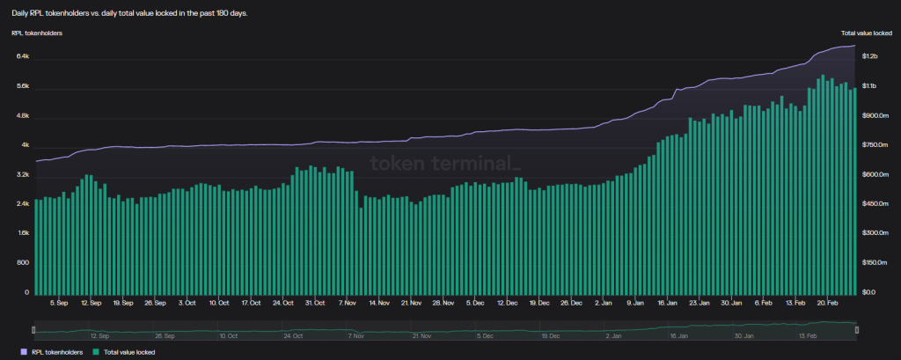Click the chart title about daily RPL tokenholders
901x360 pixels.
click(x=129, y=13)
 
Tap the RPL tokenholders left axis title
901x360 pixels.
click(x=37, y=33)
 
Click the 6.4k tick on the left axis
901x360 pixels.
click(x=23, y=56)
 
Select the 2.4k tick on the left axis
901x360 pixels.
click(x=23, y=204)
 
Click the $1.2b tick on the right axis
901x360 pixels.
click(x=869, y=56)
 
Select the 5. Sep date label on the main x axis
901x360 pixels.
click(x=59, y=303)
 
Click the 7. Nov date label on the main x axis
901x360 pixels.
click(x=348, y=303)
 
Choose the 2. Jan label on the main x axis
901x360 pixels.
click(x=604, y=303)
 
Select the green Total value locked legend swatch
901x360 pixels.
click(x=95, y=352)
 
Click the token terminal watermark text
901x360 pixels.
click(x=446, y=164)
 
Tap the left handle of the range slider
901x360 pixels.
click(x=33, y=330)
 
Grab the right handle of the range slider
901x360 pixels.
click(x=857, y=330)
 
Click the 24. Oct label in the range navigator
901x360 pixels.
click(x=294, y=336)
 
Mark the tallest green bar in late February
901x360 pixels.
click(x=823, y=184)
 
